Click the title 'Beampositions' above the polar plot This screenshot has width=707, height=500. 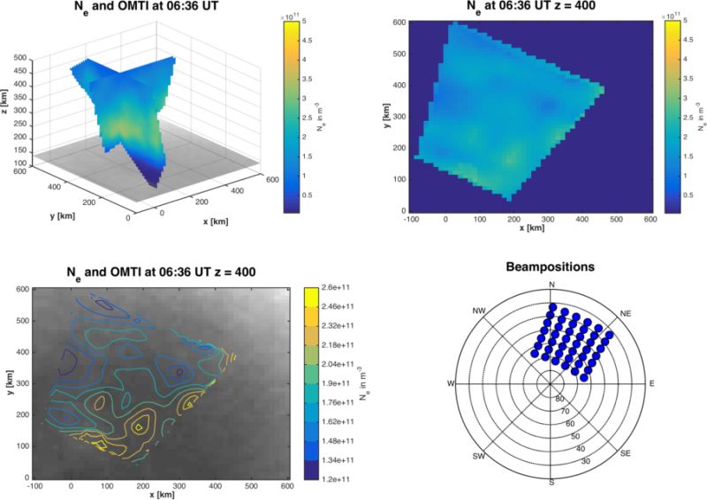tap(551, 265)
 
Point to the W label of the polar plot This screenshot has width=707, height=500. tap(451, 384)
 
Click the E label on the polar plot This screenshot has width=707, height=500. tap(652, 384)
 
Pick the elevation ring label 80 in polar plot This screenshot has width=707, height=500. tap(559, 398)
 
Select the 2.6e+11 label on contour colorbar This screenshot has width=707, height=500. tap(334, 287)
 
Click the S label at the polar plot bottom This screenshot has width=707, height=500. tap(551, 481)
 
